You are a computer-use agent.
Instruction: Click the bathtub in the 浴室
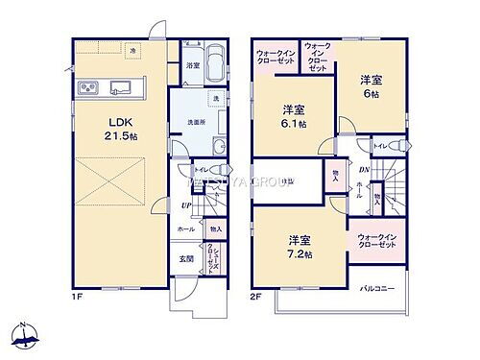(x=213, y=64)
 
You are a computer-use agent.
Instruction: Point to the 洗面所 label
(x=198, y=122)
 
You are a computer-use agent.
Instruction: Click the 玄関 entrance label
(x=185, y=258)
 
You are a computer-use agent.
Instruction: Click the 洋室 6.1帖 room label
(x=294, y=115)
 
